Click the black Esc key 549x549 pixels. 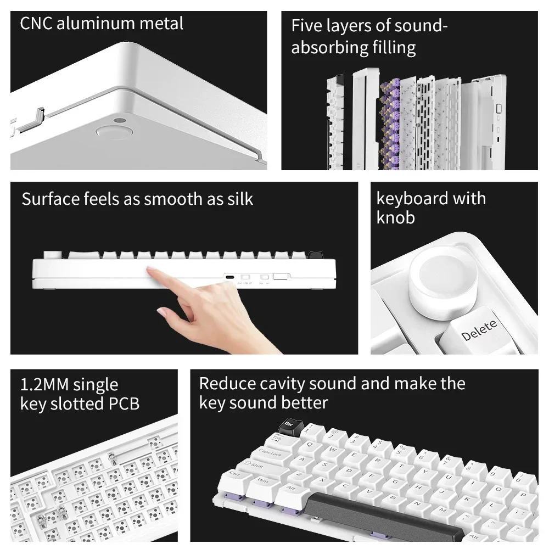click(x=288, y=424)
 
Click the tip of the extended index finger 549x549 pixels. click(x=150, y=268)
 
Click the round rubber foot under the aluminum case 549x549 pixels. click(x=114, y=132)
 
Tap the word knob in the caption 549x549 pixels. click(x=395, y=217)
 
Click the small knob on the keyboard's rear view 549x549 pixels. click(x=55, y=255)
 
